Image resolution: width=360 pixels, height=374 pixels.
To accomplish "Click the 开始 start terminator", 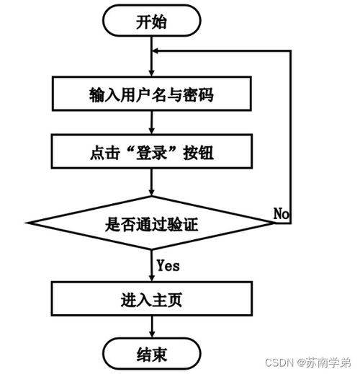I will [151, 22].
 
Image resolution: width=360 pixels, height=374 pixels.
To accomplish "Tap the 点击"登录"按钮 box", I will [151, 152].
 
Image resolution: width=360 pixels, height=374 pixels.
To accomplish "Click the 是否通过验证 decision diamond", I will [151, 224].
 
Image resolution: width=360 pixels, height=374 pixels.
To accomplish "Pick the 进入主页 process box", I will [151, 298].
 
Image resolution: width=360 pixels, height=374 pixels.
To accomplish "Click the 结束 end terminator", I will [151, 354].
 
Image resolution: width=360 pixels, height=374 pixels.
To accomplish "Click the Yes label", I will [168, 266].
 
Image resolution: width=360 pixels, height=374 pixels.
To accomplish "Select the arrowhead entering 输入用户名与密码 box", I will [151, 73].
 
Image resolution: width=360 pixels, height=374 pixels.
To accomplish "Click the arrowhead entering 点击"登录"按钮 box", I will [151, 131].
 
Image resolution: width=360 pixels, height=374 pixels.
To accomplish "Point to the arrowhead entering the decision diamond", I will [151, 192].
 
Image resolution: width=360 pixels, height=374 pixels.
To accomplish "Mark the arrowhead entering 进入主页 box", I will [151, 277].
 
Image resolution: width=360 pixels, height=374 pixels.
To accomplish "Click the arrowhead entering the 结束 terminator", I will [151, 334].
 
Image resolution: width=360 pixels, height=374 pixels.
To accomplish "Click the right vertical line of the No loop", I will [290, 137].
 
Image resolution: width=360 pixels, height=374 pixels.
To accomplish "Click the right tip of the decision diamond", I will [274, 224].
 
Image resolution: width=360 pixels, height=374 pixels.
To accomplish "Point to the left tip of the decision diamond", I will [27, 224].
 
